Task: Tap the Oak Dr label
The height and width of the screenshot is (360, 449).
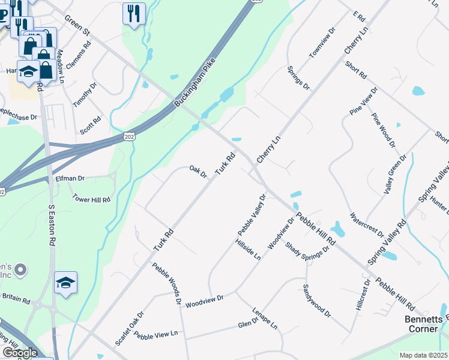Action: (x=198, y=172)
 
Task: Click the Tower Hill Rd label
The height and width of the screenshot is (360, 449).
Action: (x=91, y=198)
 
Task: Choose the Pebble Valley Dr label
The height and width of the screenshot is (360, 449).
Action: (x=252, y=214)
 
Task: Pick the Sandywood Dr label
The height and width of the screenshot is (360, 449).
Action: (x=316, y=300)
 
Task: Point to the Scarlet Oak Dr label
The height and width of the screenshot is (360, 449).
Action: (x=130, y=328)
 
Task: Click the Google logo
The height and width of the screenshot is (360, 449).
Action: (x=19, y=353)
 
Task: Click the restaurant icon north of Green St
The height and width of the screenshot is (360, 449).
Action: (x=134, y=13)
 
